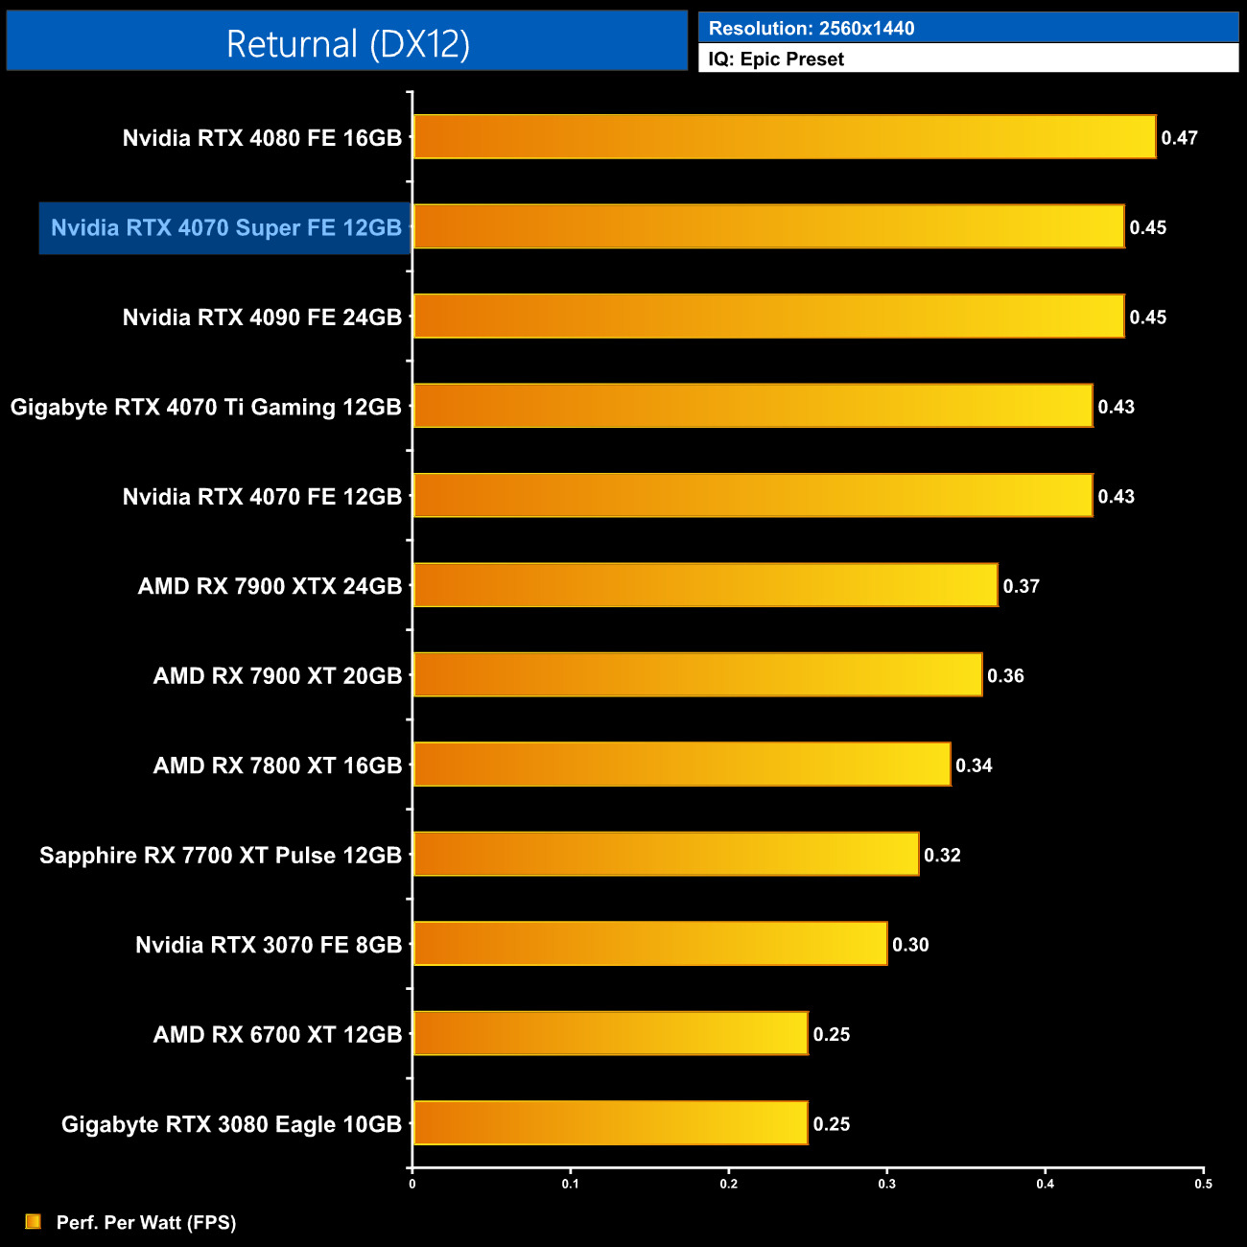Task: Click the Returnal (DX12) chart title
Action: [x=347, y=44]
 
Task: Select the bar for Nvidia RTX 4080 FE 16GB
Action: [x=784, y=137]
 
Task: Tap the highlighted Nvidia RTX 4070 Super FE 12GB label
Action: [x=225, y=228]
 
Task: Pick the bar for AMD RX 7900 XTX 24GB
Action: [x=705, y=585]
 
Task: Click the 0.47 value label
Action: [x=1179, y=138]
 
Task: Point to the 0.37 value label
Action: [x=1021, y=586]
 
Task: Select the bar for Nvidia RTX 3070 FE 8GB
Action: [x=649, y=944]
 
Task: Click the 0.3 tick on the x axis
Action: [x=886, y=1184]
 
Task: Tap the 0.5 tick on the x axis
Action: [x=1203, y=1184]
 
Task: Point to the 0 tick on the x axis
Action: [x=412, y=1184]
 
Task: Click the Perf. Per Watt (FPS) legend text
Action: [x=146, y=1223]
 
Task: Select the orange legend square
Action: [x=34, y=1222]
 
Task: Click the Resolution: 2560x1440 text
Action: [x=812, y=29]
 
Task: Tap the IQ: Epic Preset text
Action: [x=776, y=59]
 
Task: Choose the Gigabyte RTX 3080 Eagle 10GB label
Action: [x=231, y=1124]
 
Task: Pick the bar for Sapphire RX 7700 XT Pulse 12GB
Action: [x=666, y=854]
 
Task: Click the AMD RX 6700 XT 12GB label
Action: [x=277, y=1035]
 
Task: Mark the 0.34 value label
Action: [x=974, y=765]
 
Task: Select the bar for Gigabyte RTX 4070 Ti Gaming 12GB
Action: [x=752, y=406]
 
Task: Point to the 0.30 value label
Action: [x=910, y=945]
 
